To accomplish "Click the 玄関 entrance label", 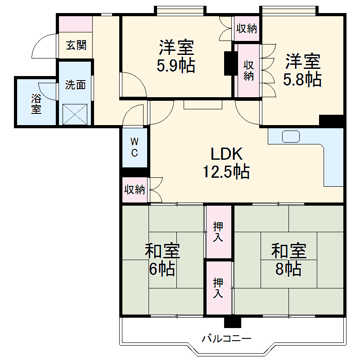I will point(75,45).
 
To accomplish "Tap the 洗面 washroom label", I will point(75,85).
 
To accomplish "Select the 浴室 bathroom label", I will point(36,103).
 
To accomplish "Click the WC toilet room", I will point(135,147).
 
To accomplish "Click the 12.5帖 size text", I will point(227,172).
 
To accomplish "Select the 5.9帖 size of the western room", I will point(175,66).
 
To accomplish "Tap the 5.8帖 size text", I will point(302,79).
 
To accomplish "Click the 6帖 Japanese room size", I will point(162,269).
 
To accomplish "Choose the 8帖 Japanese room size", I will point(288,269).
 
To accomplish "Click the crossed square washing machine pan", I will point(75,113).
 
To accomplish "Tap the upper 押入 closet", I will point(218,232).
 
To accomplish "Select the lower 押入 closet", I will point(218,288).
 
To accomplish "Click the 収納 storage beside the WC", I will point(135,189).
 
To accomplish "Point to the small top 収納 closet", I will point(247,29).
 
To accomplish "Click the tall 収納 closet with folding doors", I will point(248,70).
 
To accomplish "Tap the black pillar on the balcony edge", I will point(233,322).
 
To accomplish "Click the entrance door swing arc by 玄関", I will point(45,46).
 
